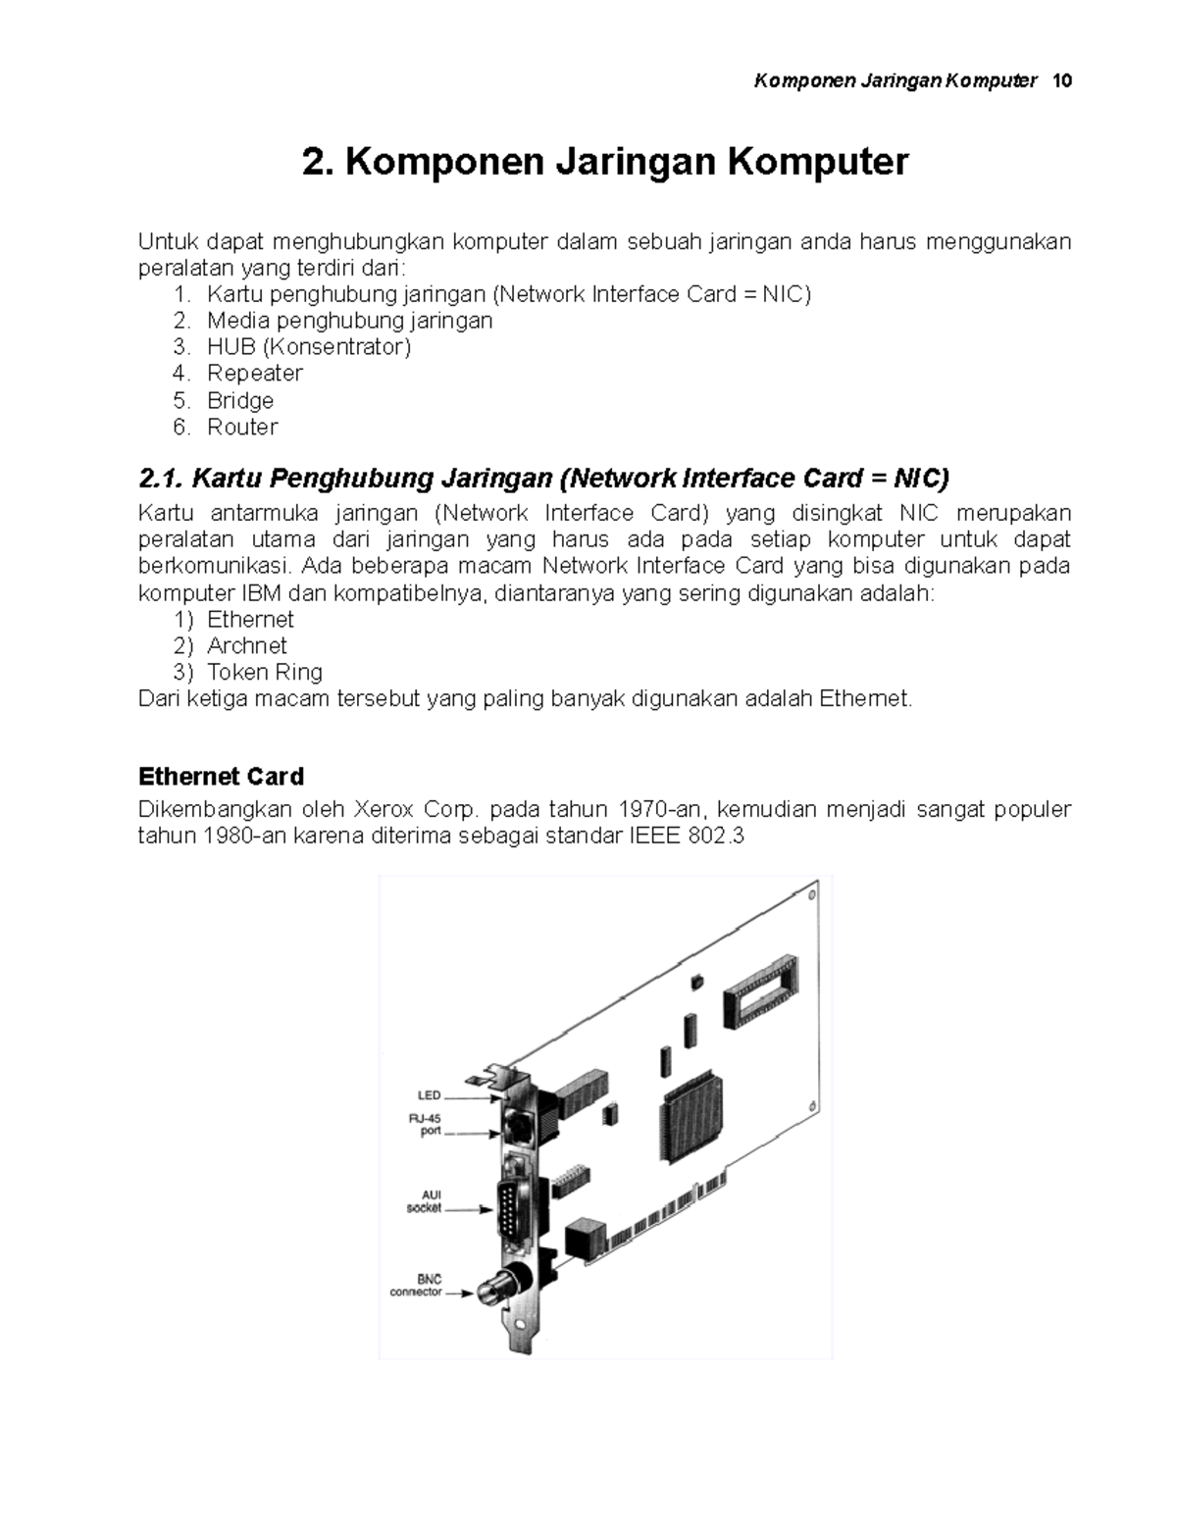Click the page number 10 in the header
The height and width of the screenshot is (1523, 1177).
[x=1061, y=81]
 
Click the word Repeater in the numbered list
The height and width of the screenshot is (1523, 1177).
[x=254, y=374]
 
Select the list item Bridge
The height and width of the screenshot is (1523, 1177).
[x=239, y=400]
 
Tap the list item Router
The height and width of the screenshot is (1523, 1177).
[x=241, y=427]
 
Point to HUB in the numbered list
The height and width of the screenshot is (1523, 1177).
[x=230, y=347]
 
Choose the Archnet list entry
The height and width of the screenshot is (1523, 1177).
[x=246, y=645]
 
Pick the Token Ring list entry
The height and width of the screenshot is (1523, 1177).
[x=264, y=672]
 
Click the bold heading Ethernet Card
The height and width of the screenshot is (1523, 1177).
[x=221, y=777]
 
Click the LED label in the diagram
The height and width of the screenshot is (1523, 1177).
[x=429, y=1095]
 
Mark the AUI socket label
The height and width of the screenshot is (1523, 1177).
[x=425, y=1201]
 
